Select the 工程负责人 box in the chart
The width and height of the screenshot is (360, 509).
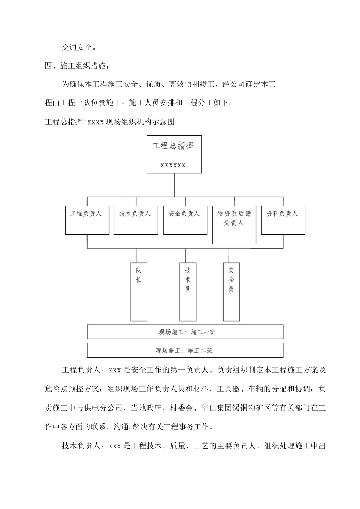pyautogui.click(x=87, y=220)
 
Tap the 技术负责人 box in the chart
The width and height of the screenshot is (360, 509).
pyautogui.click(x=136, y=220)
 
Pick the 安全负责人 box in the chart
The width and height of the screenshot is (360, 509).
pyautogui.click(x=185, y=220)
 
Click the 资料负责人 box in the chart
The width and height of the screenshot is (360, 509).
pyautogui.click(x=283, y=220)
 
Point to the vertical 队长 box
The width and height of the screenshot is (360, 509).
pyautogui.click(x=139, y=292)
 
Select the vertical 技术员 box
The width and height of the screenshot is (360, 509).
pyautogui.click(x=188, y=292)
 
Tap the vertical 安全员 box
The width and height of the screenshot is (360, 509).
pyautogui.click(x=231, y=292)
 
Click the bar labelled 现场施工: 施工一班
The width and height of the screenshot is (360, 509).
pyautogui.click(x=185, y=332)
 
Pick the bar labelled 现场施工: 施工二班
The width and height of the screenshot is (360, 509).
pyautogui.click(x=185, y=350)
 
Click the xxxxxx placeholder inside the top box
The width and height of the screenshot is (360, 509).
pyautogui.click(x=173, y=165)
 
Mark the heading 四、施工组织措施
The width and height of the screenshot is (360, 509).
pyautogui.click(x=78, y=66)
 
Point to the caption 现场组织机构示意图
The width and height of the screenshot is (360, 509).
pyautogui.click(x=140, y=122)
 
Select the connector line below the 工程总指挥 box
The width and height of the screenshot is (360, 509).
pyautogui.click(x=174, y=185)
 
